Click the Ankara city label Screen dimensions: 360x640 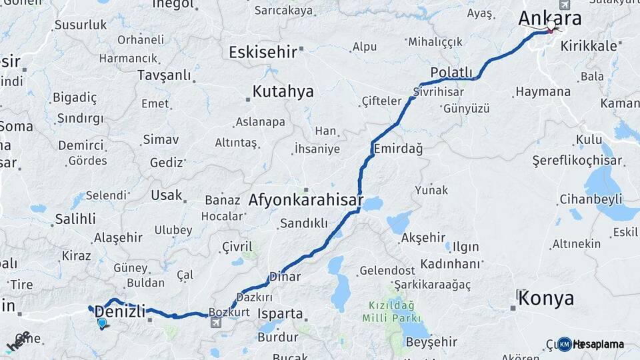point(549,18)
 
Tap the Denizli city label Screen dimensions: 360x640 point(120,311)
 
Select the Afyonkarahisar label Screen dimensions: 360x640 point(306,199)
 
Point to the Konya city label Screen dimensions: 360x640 point(545,298)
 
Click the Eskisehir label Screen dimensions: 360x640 point(263,52)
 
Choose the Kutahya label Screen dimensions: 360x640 point(283,92)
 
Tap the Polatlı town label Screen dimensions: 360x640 point(451,72)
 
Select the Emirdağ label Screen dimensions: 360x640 point(398,149)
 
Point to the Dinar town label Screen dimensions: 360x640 point(285,276)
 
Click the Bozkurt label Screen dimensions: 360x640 point(229,311)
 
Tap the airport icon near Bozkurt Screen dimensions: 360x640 point(215,323)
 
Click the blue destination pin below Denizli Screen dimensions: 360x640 point(101,323)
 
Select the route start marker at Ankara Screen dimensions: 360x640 point(551,26)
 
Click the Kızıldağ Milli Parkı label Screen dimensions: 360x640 point(391,311)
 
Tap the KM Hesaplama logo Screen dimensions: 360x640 point(591,344)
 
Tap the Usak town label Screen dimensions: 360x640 point(166,195)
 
